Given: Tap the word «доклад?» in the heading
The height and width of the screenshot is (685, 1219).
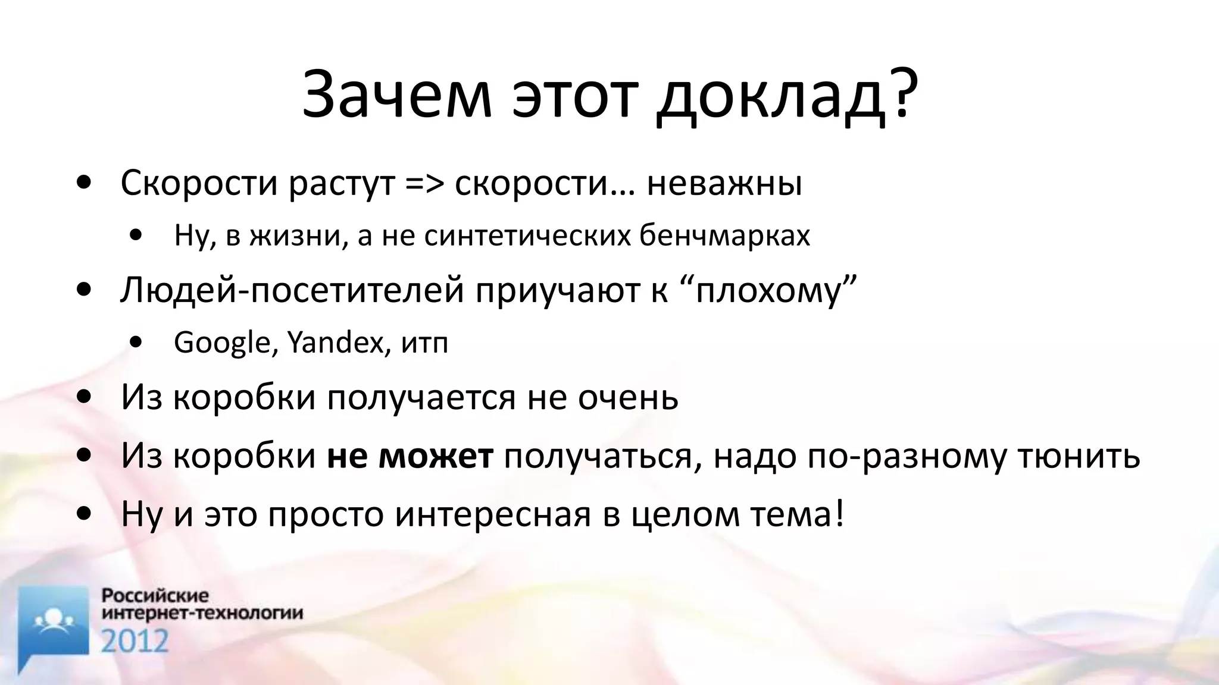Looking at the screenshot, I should pyautogui.click(x=786, y=95).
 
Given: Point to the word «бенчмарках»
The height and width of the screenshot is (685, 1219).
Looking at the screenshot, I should pyautogui.click(x=724, y=236).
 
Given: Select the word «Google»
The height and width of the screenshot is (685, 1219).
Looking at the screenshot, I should pyautogui.click(x=221, y=343).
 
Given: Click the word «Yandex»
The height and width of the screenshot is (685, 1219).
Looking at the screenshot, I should pyautogui.click(x=336, y=343).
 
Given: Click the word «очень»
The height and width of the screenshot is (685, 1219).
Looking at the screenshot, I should pyautogui.click(x=629, y=397).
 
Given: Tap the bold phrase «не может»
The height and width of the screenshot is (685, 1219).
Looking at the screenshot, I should pyautogui.click(x=410, y=456).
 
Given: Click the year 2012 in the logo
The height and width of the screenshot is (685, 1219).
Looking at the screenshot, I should pyautogui.click(x=135, y=641).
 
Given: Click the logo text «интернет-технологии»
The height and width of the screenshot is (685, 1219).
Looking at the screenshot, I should pyautogui.click(x=202, y=612).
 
